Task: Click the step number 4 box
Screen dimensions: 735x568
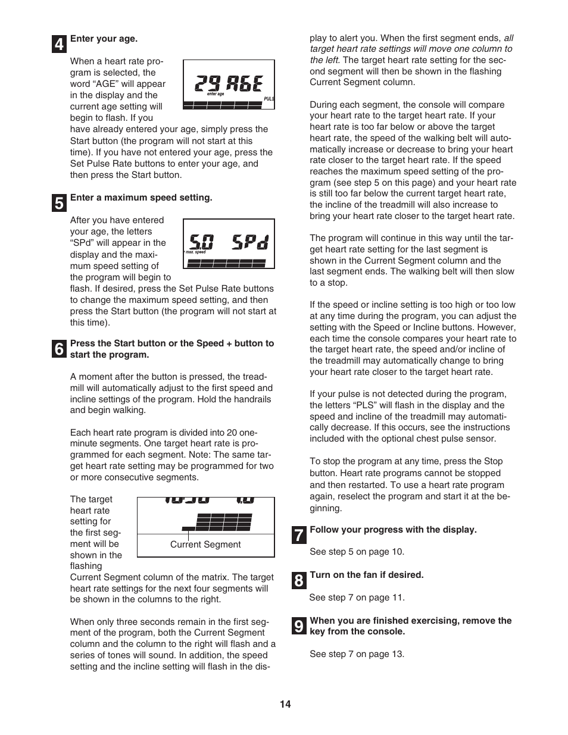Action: point(59,45)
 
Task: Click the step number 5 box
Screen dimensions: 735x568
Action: point(59,204)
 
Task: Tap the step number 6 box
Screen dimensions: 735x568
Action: point(59,349)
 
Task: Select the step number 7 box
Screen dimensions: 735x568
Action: point(299,535)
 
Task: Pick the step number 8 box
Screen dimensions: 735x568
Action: point(299,580)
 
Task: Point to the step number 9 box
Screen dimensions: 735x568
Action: point(299,626)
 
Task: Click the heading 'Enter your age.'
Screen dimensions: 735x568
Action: point(104,39)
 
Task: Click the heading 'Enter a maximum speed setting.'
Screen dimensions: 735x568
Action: point(141,198)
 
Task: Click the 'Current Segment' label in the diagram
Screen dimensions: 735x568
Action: point(205,545)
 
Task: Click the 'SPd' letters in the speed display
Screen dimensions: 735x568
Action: point(249,242)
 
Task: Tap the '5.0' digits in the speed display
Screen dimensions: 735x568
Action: point(202,242)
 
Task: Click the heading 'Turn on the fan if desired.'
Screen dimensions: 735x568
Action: point(366,575)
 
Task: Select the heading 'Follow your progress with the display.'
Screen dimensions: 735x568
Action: point(393,530)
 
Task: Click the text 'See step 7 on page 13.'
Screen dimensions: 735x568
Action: point(357,654)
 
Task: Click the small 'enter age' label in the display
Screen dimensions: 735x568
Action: point(216,94)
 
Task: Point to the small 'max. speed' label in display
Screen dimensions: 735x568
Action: point(196,252)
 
